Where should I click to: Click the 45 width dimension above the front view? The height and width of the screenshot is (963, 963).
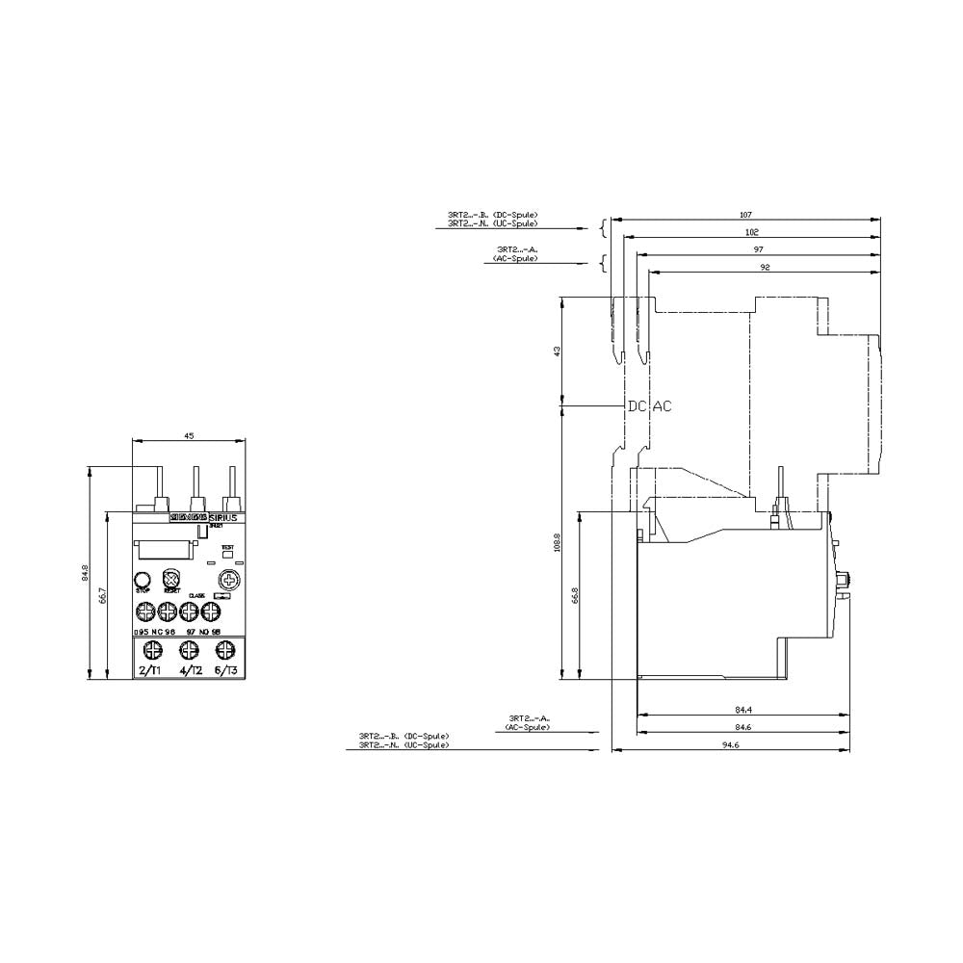189,436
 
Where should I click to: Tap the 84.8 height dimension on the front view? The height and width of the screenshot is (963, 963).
85,573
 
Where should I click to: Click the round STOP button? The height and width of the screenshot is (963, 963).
143,579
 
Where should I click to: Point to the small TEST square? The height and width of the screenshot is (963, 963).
228,556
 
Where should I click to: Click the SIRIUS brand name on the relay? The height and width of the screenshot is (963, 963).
229,517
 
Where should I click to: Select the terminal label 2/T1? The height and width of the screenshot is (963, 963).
151,669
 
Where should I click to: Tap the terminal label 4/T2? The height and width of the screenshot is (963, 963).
190,669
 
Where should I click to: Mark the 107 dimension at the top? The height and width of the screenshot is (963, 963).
744,214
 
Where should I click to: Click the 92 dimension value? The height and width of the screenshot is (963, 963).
764,268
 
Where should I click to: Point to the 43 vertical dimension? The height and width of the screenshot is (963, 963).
557,351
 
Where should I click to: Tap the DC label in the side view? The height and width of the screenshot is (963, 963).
637,406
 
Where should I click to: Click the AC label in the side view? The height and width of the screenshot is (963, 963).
663,406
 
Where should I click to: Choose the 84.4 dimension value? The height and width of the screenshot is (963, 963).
743,711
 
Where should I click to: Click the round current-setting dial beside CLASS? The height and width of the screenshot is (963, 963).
228,580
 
